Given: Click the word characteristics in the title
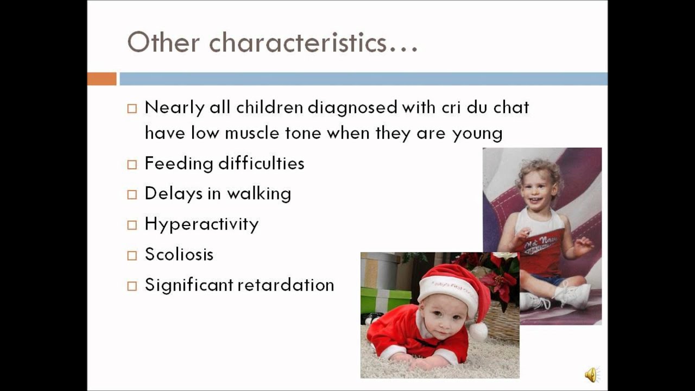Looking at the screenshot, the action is coord(313,42).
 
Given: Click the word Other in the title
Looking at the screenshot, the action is coord(163,42).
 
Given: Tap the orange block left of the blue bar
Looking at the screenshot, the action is coord(102,79).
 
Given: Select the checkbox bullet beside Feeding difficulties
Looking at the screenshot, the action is coord(132,165).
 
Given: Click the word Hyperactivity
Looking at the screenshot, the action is coord(201,224).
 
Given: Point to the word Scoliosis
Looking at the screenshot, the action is coord(179,254).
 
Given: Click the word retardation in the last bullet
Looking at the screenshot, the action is coord(286,285).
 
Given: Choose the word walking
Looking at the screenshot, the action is coord(259,194).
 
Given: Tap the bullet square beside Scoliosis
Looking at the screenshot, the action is coord(132,256).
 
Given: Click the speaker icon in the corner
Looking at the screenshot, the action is coord(592,375).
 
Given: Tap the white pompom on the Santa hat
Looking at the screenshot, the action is coord(478,332).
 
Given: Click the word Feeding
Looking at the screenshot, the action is coord(179,164).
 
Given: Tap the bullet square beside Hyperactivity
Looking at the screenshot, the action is coord(132,225).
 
